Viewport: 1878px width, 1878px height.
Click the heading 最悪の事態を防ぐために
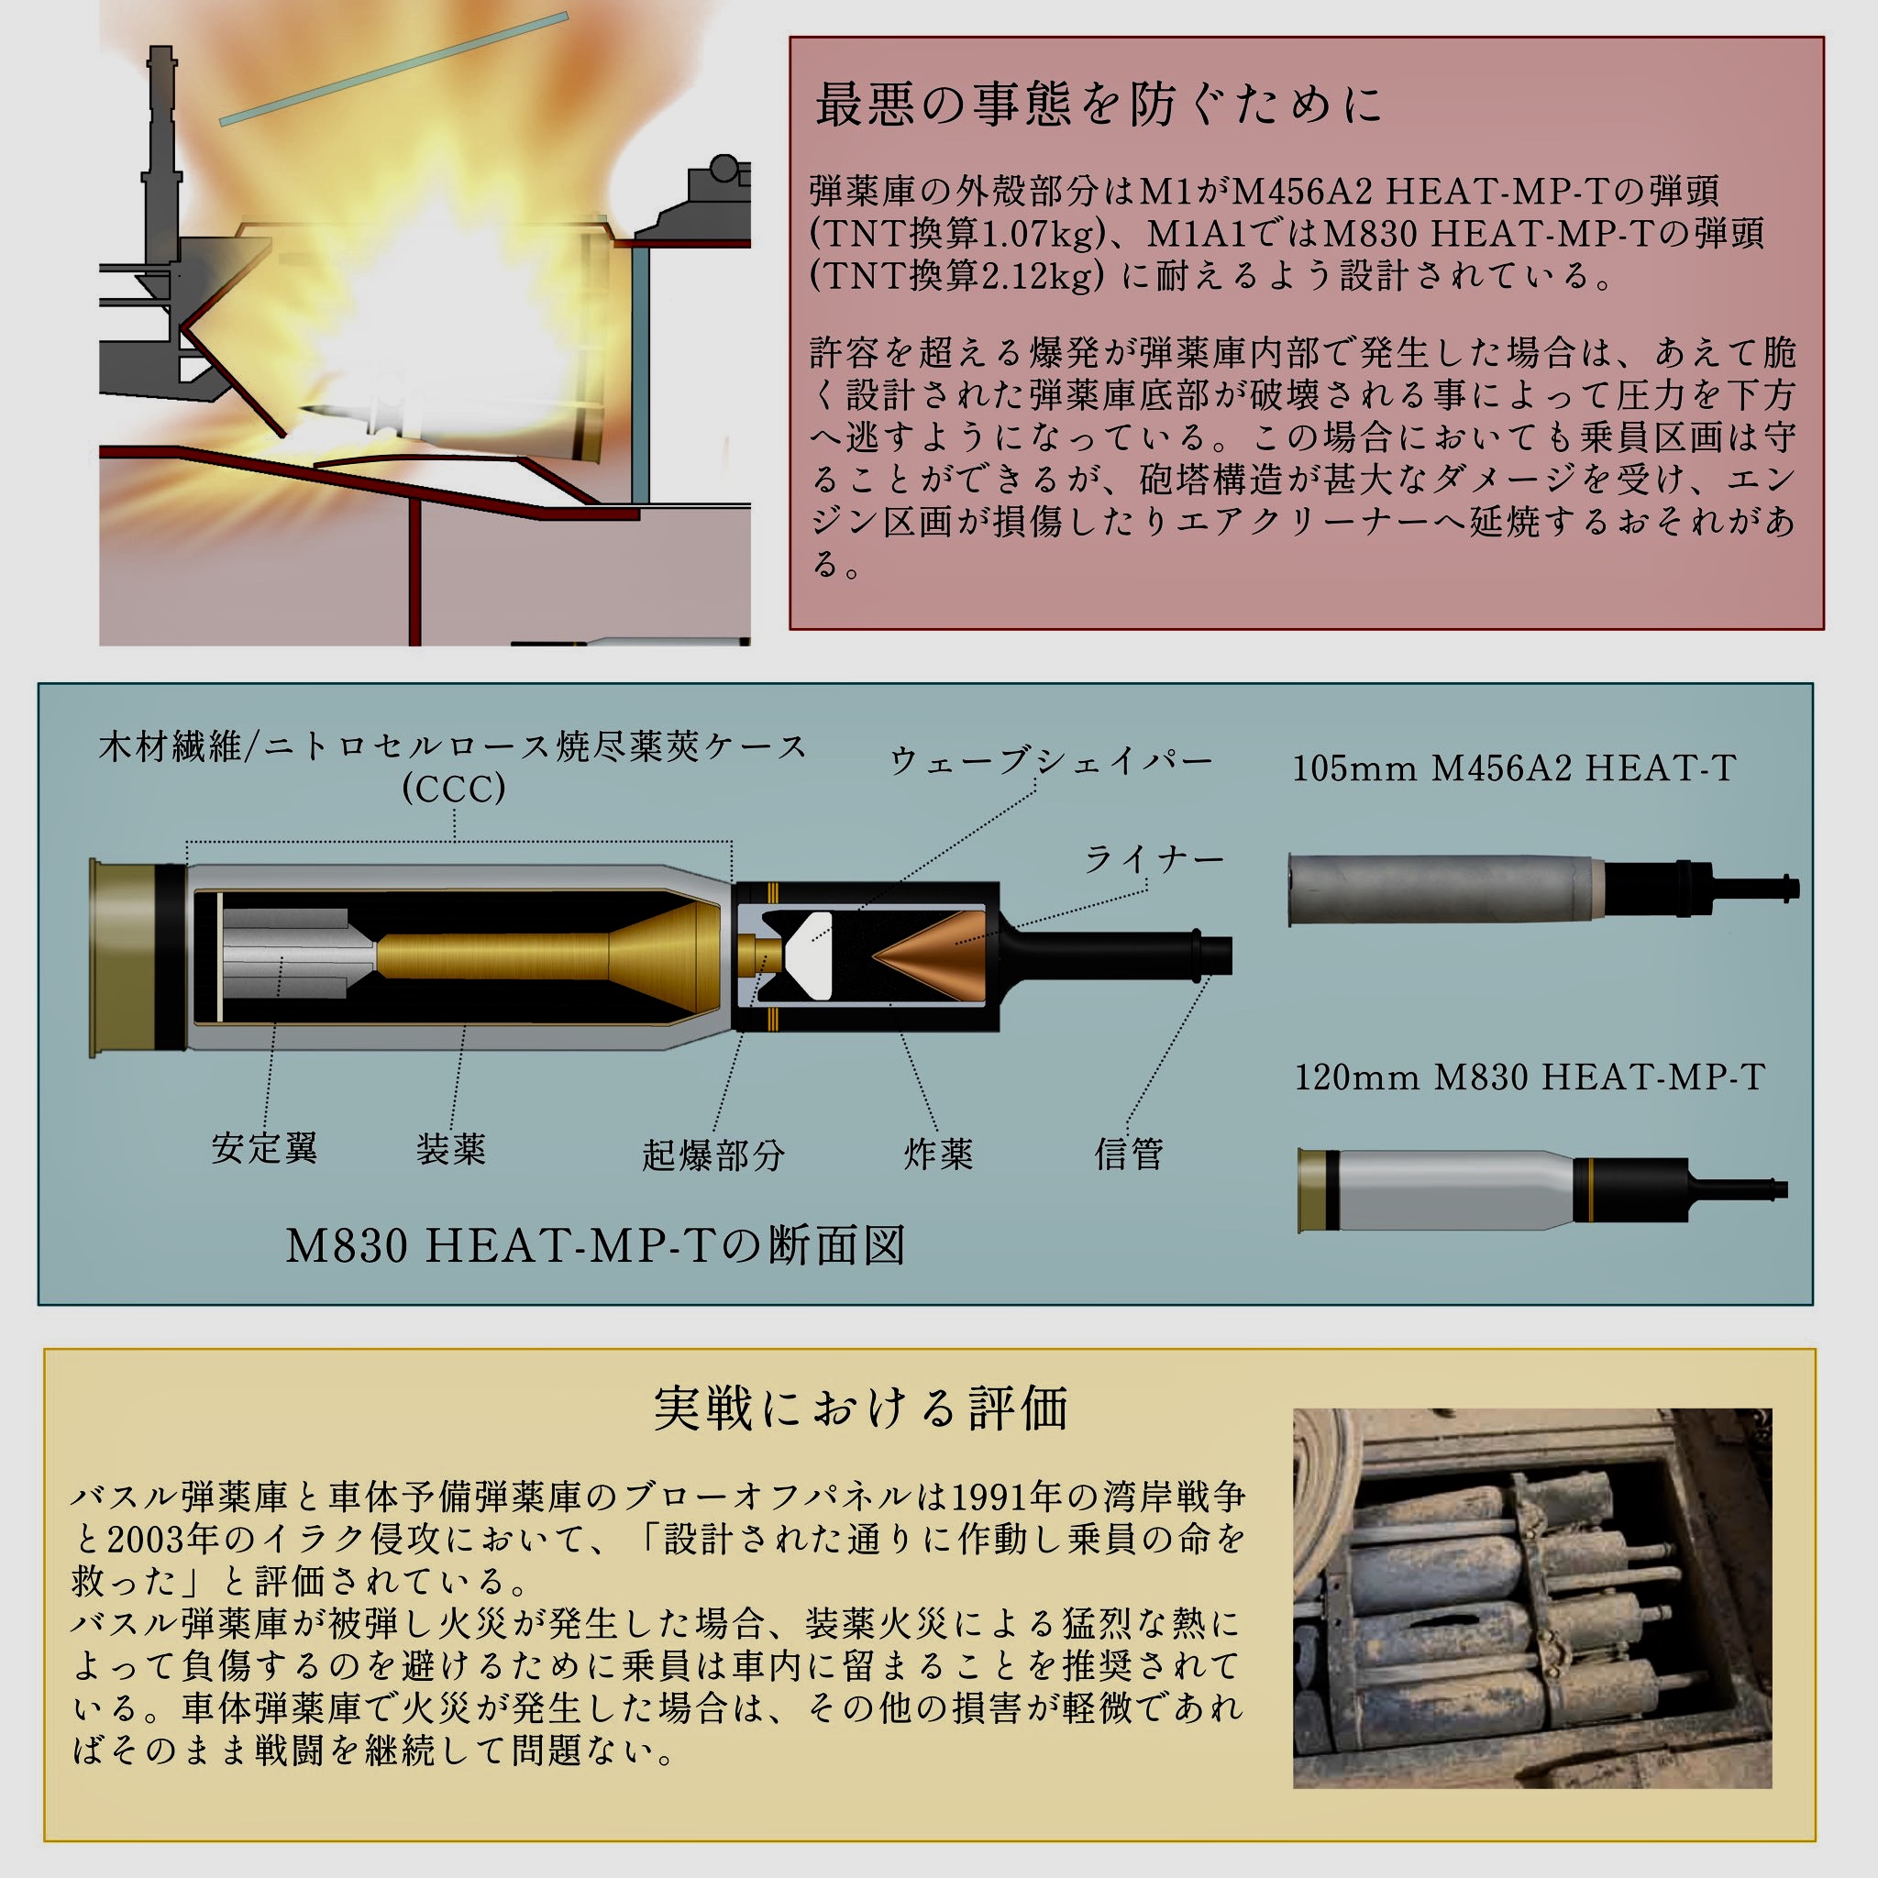coord(1099,105)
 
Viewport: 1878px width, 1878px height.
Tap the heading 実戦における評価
coord(860,1408)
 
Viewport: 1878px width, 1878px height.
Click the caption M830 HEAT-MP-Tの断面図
coord(595,1245)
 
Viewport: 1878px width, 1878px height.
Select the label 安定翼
coord(264,1148)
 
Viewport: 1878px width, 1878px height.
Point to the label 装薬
coord(451,1149)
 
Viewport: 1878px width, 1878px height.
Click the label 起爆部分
coord(713,1154)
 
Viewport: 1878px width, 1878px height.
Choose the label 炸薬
coord(938,1154)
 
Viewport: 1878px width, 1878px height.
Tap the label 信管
coord(1129,1154)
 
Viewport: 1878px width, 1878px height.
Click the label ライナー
coord(1154,858)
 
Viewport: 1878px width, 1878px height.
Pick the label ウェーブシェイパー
coord(1051,761)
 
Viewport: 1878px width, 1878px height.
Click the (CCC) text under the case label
coord(454,789)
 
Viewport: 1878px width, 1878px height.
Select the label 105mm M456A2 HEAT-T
coord(1513,768)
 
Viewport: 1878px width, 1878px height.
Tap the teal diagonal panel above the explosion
coord(393,69)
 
